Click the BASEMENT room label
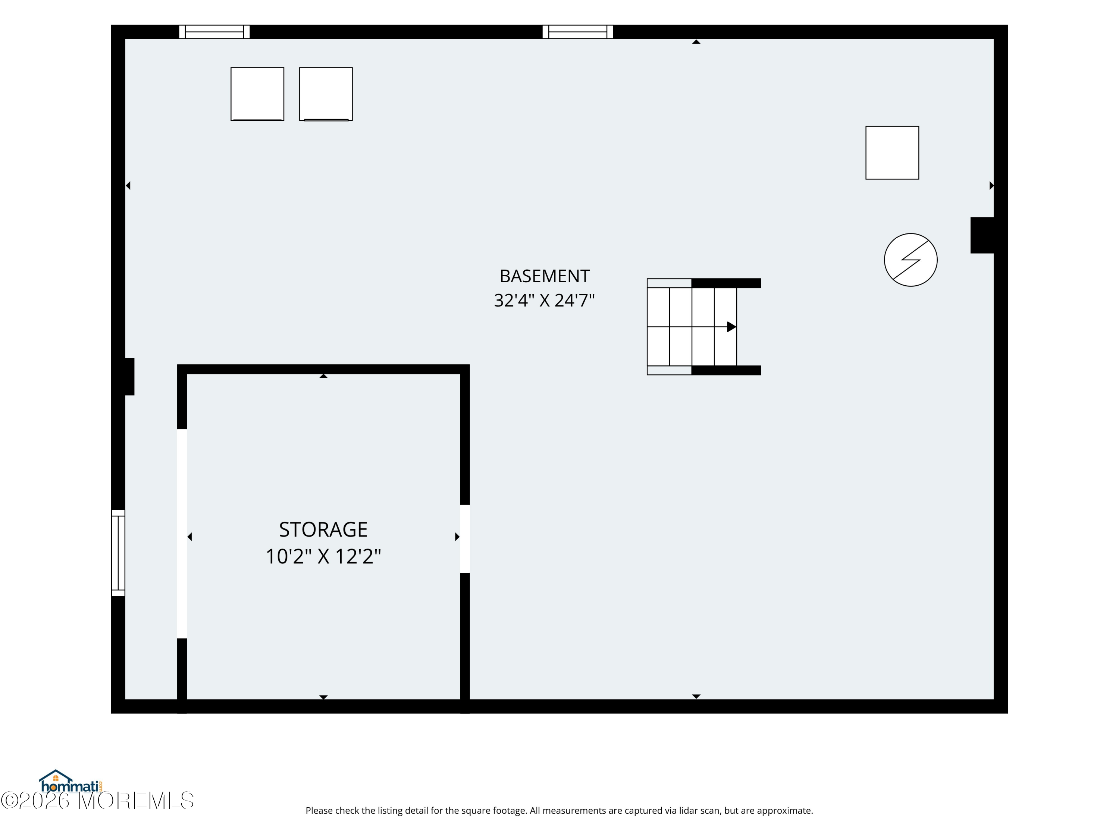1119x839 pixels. pyautogui.click(x=544, y=276)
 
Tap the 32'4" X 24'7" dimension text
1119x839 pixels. pyautogui.click(x=544, y=301)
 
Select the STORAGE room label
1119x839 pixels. pyautogui.click(x=323, y=530)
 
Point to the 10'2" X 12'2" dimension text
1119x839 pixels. pyautogui.click(x=323, y=556)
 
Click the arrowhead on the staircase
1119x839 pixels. pyautogui.click(x=731, y=327)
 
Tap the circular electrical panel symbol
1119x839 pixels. pyautogui.click(x=910, y=260)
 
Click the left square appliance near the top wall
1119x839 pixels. pyautogui.click(x=257, y=94)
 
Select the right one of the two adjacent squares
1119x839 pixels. pyautogui.click(x=326, y=94)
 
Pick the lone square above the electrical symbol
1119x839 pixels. pyautogui.click(x=892, y=153)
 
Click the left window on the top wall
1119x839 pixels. pyautogui.click(x=214, y=32)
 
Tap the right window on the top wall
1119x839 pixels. pyautogui.click(x=578, y=32)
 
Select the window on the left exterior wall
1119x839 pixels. pyautogui.click(x=118, y=553)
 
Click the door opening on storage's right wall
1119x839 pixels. pyautogui.click(x=465, y=538)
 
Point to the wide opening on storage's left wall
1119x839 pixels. pyautogui.click(x=182, y=534)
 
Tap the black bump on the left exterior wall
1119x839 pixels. pyautogui.click(x=129, y=377)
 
